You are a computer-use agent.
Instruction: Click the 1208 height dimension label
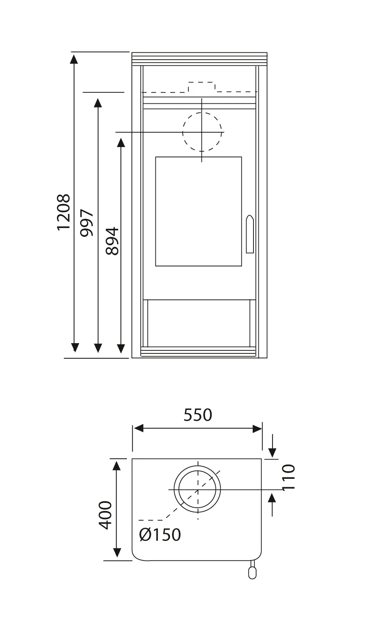point(63,212)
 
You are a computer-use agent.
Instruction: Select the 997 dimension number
point(87,223)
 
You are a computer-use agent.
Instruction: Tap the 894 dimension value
point(112,241)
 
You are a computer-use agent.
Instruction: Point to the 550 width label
point(198,415)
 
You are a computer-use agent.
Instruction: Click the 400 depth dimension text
point(106,515)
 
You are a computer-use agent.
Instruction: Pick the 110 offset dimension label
point(289,477)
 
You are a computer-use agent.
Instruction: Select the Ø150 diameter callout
point(160,535)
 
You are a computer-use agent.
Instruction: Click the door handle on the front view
point(250,234)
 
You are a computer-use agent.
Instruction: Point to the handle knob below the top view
point(252,572)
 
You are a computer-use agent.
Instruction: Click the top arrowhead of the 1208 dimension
point(75,59)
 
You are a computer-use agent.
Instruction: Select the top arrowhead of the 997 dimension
point(98,103)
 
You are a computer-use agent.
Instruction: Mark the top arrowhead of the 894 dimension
point(121,143)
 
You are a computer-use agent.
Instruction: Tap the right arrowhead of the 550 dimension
point(257,429)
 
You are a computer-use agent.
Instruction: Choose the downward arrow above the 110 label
point(272,452)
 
